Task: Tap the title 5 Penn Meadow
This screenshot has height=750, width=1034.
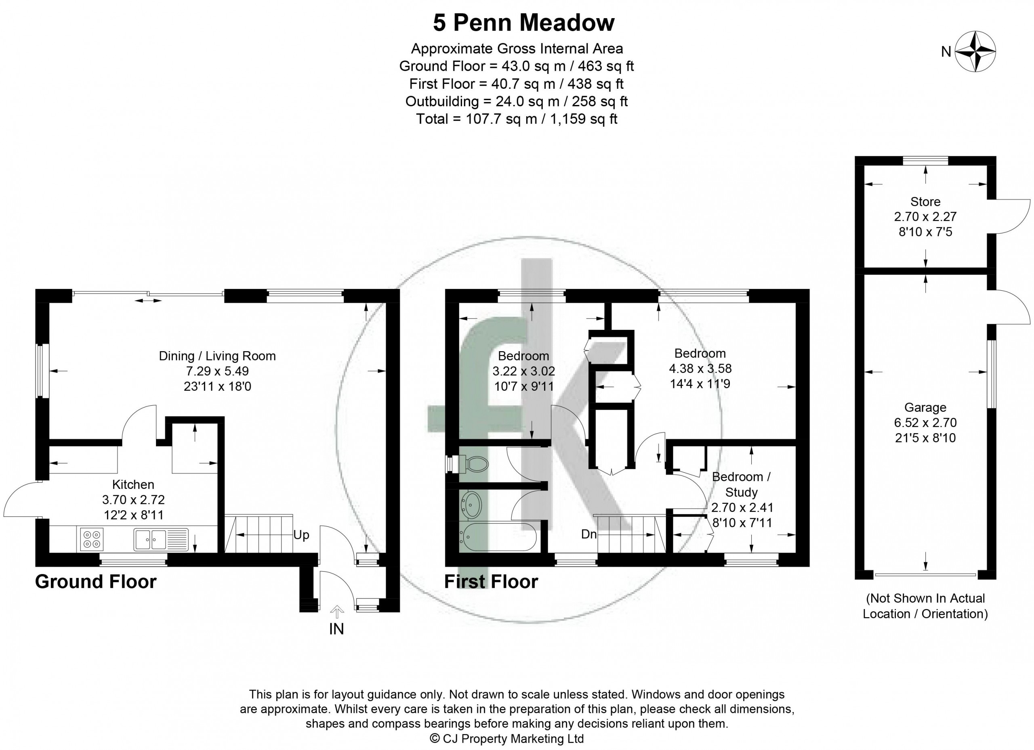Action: click(524, 23)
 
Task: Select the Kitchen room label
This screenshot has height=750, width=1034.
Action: click(133, 484)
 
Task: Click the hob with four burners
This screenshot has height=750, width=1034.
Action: click(92, 539)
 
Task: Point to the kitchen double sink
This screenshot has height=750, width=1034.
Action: click(161, 539)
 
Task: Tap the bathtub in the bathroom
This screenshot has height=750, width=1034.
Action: click(499, 538)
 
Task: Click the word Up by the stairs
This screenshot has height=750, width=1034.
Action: click(301, 535)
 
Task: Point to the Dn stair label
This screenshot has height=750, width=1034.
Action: click(589, 534)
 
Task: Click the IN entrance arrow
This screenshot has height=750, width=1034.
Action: click(337, 612)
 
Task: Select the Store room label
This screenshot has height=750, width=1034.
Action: click(925, 201)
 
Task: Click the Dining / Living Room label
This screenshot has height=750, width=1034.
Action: click(217, 356)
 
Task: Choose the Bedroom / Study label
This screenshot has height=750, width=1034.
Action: click(741, 484)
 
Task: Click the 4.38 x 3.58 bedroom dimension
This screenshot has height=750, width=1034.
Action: click(700, 368)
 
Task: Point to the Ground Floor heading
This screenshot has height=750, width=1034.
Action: click(96, 582)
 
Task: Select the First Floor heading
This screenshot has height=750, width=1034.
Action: click(491, 582)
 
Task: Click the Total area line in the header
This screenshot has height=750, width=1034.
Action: click(517, 119)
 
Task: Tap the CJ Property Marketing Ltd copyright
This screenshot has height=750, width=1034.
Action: click(507, 739)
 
